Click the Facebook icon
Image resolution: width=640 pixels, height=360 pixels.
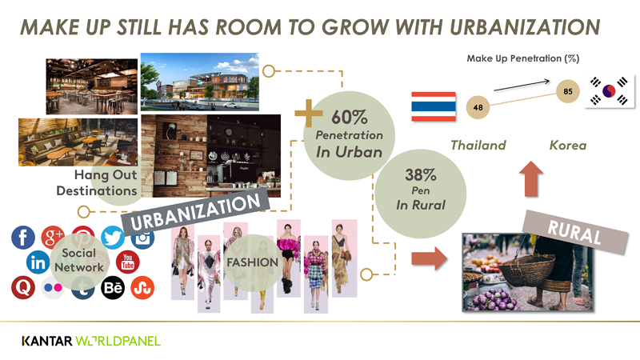pyautogui.click(x=23, y=238)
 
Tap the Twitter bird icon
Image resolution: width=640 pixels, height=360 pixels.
pyautogui.click(x=113, y=238)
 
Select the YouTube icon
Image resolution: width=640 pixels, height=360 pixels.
pyautogui.click(x=128, y=262)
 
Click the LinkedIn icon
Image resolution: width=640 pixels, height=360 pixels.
pyautogui.click(x=38, y=262)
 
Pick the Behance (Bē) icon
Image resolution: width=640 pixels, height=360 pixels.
pyautogui.click(x=113, y=288)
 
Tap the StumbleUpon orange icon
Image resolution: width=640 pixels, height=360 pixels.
pyautogui.click(x=142, y=288)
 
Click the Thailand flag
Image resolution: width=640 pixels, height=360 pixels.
pyautogui.click(x=434, y=106)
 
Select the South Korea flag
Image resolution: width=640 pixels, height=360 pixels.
pyautogui.click(x=609, y=91)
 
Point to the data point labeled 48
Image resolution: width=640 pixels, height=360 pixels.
pyautogui.click(x=478, y=107)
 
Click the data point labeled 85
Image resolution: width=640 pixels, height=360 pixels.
pyautogui.click(x=568, y=91)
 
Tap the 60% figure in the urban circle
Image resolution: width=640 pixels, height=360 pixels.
pyautogui.click(x=350, y=118)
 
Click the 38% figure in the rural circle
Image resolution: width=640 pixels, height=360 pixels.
pyautogui.click(x=421, y=175)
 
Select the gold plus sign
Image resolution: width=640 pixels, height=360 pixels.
pyautogui.click(x=309, y=113)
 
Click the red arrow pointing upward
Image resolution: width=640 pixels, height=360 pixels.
pyautogui.click(x=531, y=179)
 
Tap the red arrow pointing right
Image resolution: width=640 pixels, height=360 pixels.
pyautogui.click(x=430, y=258)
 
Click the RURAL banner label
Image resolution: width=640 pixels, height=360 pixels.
pyautogui.click(x=574, y=232)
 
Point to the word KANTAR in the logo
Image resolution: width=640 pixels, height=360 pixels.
pyautogui.click(x=47, y=342)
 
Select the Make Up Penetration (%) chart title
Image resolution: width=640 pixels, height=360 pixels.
pyautogui.click(x=523, y=58)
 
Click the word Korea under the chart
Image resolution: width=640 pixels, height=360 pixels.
pyautogui.click(x=568, y=145)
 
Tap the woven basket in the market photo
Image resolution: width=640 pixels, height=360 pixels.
pyautogui.click(x=527, y=267)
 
